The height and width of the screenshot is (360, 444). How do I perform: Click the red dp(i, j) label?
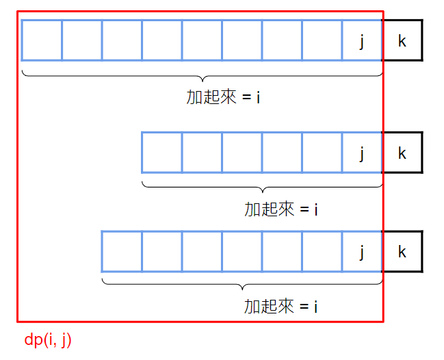coord(48,340)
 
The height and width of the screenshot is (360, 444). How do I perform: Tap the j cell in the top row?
coord(362,40)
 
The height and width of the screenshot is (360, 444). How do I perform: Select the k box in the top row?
coord(402,40)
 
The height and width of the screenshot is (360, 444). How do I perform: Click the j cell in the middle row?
coord(362,153)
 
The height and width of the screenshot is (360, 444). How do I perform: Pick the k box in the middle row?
coord(402,153)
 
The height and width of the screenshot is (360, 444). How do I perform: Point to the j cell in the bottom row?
coord(362,252)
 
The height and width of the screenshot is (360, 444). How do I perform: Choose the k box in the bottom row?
coord(402,252)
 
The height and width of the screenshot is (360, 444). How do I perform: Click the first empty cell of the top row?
coord(42,40)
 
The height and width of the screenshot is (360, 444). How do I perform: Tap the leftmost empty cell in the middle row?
coord(161,153)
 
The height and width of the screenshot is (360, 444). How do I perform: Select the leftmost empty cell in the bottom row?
coord(122,252)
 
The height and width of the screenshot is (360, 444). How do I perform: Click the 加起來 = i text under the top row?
coord(223,97)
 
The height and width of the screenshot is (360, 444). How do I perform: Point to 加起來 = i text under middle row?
coord(281,209)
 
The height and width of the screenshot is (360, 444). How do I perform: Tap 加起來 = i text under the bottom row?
coord(281,307)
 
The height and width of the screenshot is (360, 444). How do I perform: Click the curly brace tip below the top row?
coord(203,79)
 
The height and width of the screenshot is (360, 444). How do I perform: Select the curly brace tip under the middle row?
coord(262,191)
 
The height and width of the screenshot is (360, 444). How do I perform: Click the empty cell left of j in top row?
coord(322,40)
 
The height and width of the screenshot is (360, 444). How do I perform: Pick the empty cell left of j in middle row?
coord(322,153)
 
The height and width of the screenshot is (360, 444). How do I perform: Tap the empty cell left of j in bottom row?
coord(322,252)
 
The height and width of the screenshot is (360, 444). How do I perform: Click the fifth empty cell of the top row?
coord(202,40)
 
